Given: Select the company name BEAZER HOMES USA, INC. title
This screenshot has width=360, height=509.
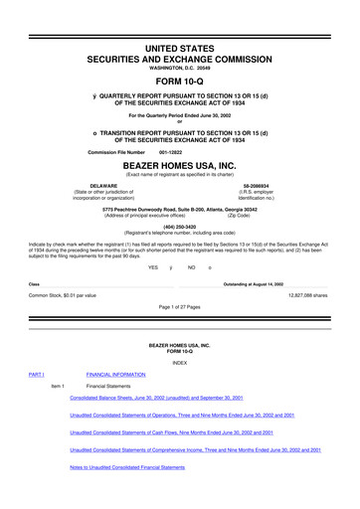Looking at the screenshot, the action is (x=179, y=165).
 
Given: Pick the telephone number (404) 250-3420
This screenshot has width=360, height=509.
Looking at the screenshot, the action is (x=179, y=225).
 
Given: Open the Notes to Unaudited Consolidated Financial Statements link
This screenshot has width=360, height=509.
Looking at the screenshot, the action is (x=127, y=466).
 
